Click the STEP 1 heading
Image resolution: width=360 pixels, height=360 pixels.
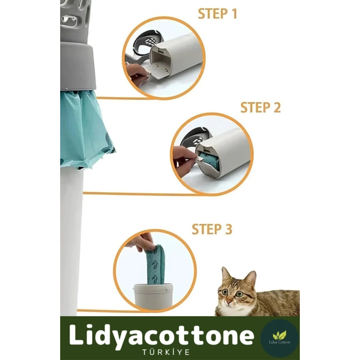(x=217, y=14)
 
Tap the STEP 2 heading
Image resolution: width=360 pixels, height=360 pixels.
(x=260, y=107)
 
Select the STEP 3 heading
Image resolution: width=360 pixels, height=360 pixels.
(x=212, y=229)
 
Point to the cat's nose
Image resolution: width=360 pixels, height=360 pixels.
(x=229, y=301)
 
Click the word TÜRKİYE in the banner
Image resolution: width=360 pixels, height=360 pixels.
(x=166, y=352)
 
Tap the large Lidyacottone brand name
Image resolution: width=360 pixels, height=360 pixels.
(x=161, y=336)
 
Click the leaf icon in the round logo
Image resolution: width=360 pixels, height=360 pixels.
(x=279, y=335)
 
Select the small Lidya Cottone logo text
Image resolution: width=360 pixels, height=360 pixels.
(x=279, y=342)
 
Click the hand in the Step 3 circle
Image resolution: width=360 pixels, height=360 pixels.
(x=144, y=243)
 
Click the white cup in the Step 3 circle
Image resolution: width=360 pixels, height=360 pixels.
(x=153, y=296)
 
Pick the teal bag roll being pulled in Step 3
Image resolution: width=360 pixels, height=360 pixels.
(x=154, y=266)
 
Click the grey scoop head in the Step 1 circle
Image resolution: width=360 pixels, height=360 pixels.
(x=145, y=40)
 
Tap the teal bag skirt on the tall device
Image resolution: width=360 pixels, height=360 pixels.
(x=85, y=129)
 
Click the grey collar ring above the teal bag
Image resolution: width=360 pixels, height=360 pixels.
(x=78, y=68)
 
